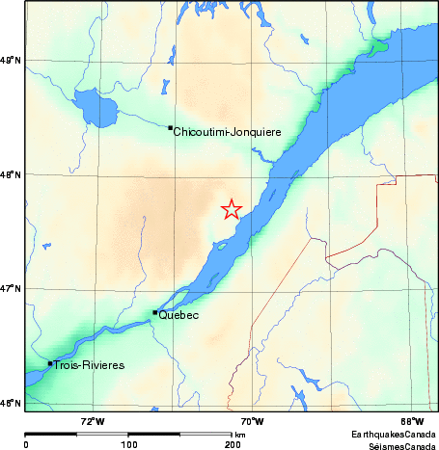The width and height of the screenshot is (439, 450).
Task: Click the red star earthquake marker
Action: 232,209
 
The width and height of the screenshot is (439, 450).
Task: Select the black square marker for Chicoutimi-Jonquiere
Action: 171,127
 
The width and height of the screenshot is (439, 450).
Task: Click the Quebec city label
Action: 178,315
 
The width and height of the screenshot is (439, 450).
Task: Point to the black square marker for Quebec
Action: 155,312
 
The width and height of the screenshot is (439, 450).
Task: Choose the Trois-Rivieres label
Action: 90,365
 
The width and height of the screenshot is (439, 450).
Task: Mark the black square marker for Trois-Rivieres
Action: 50,363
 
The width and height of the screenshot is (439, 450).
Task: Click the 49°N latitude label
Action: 11,61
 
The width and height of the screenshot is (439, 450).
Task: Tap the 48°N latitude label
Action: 11,174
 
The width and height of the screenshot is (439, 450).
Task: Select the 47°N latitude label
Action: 11,288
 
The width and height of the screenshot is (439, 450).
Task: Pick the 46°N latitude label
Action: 11,402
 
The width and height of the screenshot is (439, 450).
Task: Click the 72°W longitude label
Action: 93,420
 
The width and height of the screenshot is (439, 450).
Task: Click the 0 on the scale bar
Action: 26,444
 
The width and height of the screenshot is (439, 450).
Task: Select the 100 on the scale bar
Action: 128,444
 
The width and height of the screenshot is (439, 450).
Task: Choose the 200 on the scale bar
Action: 233,444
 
